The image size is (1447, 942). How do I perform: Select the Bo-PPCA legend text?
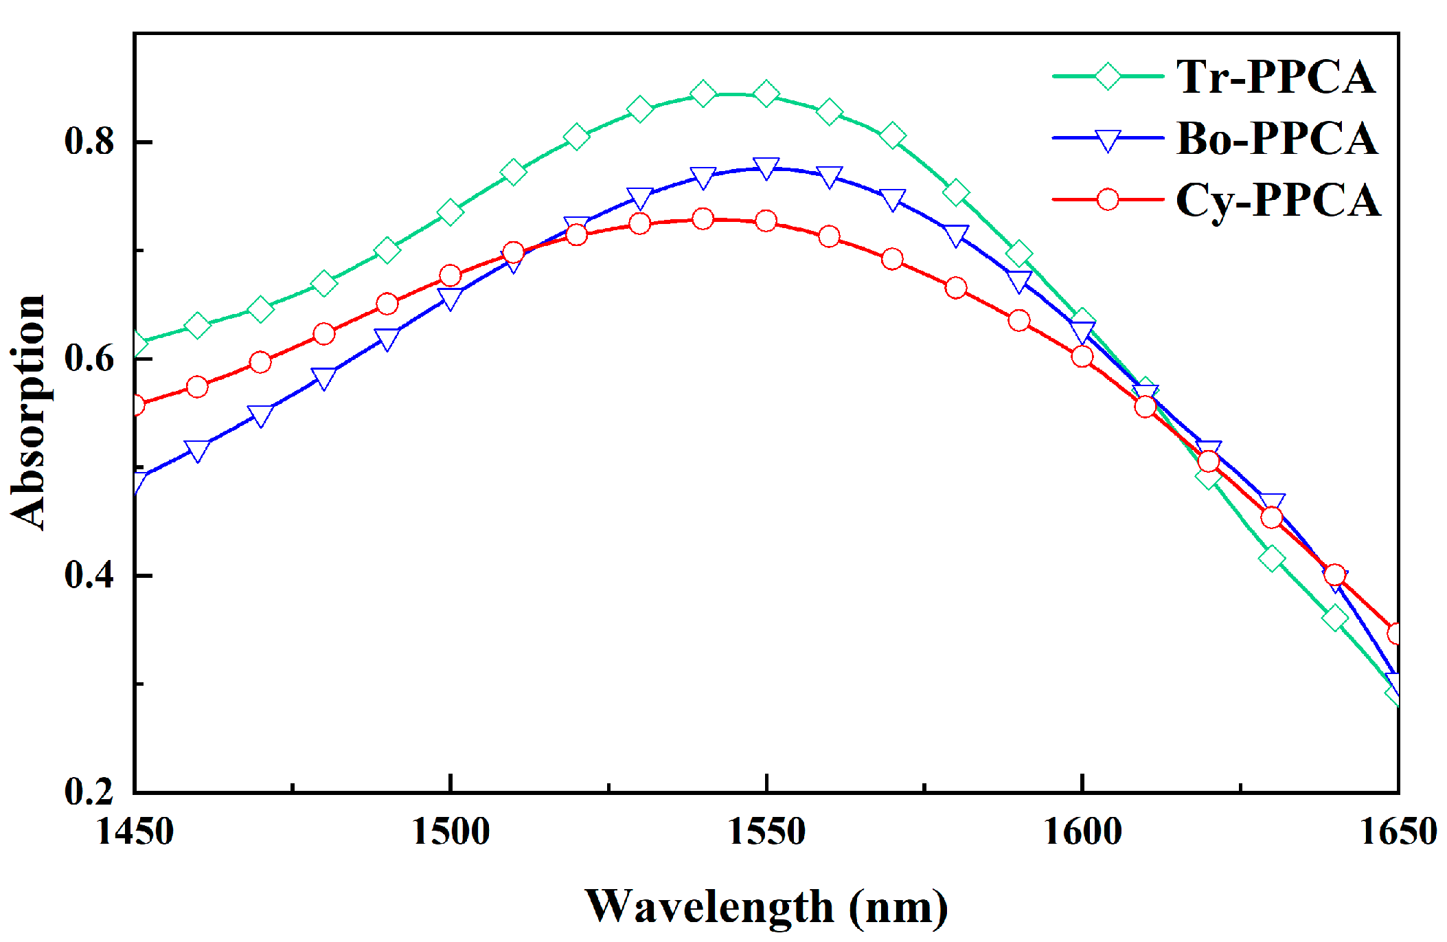pyautogui.click(x=1277, y=138)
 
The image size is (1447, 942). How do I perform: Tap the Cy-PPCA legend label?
pyautogui.click(x=1277, y=200)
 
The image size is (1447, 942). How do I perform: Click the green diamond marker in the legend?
pyautogui.click(x=1108, y=76)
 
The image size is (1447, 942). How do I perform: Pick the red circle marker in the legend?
pyautogui.click(x=1108, y=200)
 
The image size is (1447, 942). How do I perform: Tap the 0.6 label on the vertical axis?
pyautogui.click(x=89, y=358)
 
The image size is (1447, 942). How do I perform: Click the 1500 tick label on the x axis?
pyautogui.click(x=451, y=831)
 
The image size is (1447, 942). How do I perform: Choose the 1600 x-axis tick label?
pyautogui.click(x=1082, y=831)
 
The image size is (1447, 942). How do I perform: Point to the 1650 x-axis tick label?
pyautogui.click(x=1398, y=831)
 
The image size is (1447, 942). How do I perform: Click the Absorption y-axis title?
pyautogui.click(x=28, y=412)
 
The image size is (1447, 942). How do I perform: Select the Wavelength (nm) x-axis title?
pyautogui.click(x=766, y=907)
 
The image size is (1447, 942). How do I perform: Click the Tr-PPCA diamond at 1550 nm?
pyautogui.click(x=766, y=93)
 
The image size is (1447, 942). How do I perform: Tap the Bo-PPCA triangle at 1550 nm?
pyautogui.click(x=766, y=167)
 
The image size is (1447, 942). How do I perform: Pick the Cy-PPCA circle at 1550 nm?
pyautogui.click(x=766, y=221)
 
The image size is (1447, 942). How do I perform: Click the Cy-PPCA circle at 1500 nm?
pyautogui.click(x=451, y=276)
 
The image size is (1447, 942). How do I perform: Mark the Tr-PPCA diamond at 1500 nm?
pyautogui.click(x=451, y=212)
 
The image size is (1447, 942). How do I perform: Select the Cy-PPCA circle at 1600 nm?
pyautogui.click(x=1082, y=356)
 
